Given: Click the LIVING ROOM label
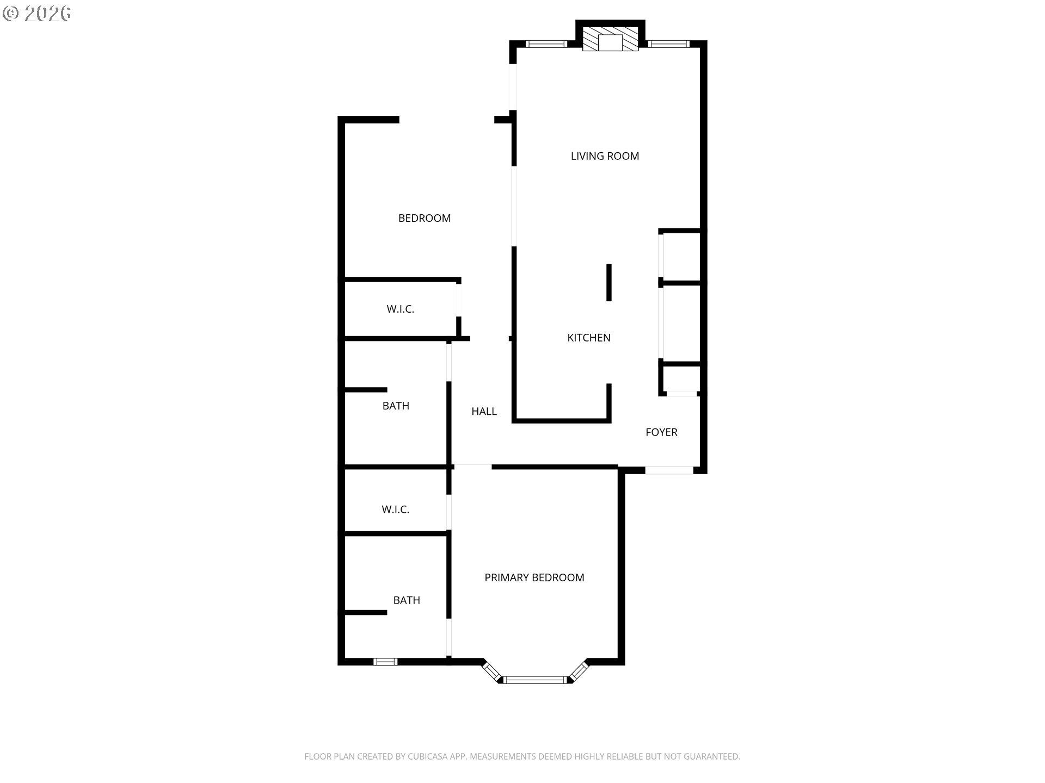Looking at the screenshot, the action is point(605,156).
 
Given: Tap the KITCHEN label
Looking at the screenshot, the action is point(589,338).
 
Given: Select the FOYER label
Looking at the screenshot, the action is point(661,432).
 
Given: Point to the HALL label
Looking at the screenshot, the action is point(484,412).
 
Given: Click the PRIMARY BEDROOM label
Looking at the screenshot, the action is point(534,577).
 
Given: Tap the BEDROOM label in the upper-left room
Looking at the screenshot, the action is point(425,218).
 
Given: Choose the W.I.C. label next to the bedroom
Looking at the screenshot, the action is point(401,309).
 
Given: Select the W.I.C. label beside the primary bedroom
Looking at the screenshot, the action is point(395,509).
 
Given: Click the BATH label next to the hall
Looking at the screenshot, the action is point(396,406).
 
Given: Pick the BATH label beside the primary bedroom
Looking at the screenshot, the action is point(407,600).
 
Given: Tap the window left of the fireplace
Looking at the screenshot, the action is point(546,44).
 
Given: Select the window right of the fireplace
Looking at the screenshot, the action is point(669,44).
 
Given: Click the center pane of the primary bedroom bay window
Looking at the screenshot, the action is point(536,679).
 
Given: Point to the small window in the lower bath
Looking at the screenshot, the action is point(385,662).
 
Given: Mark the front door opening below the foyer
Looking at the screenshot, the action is point(669,470).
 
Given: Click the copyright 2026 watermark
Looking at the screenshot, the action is point(37,14).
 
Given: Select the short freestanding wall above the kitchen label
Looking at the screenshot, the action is point(609,283).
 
